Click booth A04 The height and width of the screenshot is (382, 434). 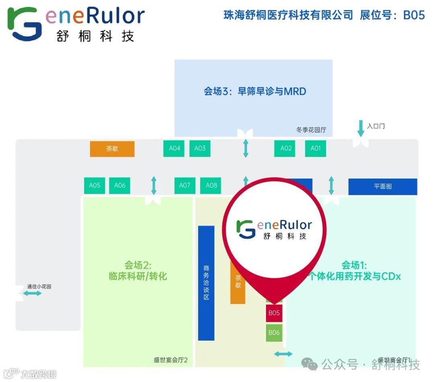(174, 148)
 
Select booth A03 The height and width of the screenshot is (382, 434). (200, 148)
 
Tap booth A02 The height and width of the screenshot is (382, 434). (286, 148)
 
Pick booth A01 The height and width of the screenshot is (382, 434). (315, 148)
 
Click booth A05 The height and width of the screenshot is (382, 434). (94, 185)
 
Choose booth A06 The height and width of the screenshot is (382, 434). (120, 185)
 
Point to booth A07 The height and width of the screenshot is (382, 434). (184, 185)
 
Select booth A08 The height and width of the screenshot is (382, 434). (211, 185)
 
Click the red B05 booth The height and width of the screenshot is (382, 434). (274, 313)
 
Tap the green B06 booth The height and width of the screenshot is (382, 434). (274, 333)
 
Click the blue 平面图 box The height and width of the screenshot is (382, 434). (383, 187)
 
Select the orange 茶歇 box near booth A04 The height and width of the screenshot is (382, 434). (112, 149)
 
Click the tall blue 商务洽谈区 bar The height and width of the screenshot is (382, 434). (206, 283)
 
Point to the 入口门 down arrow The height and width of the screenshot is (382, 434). (361, 129)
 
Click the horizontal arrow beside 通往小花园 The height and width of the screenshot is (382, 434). (32, 294)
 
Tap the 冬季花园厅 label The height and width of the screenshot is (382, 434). (311, 130)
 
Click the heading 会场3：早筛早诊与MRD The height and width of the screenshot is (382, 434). (255, 91)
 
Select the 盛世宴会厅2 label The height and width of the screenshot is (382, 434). (171, 360)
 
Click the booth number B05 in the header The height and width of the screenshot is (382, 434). (414, 15)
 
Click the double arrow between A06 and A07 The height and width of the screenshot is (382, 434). (154, 185)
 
